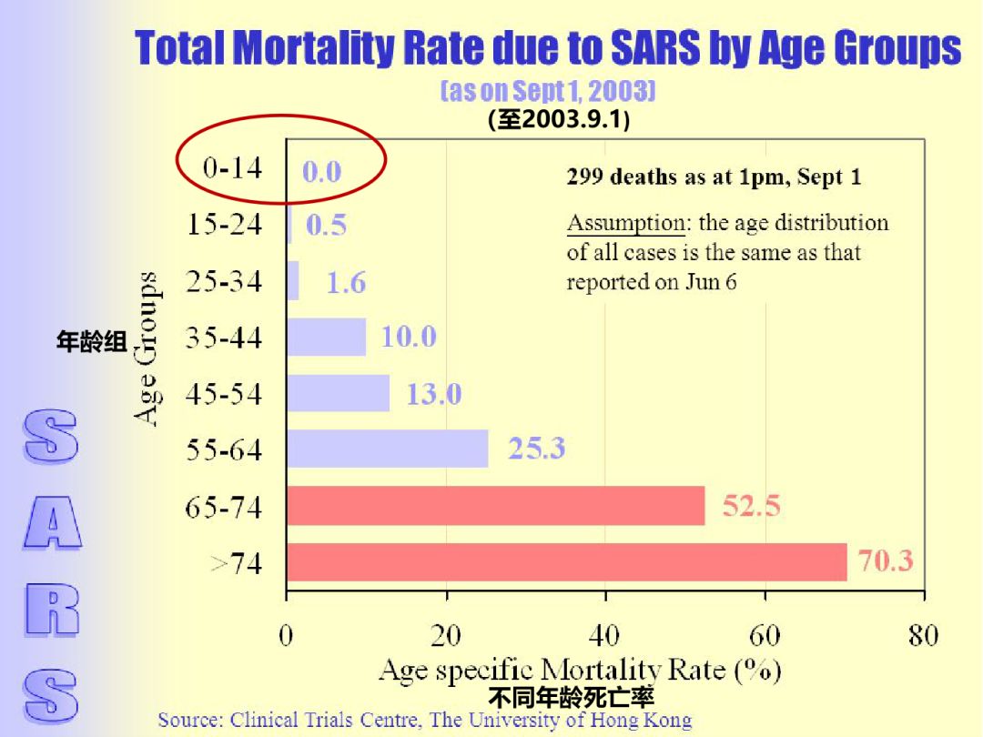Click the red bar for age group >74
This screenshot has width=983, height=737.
[567, 562]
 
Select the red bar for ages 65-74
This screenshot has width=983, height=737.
[496, 506]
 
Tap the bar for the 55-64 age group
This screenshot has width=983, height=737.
[388, 449]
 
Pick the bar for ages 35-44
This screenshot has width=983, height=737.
[326, 338]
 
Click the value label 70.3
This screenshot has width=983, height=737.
[886, 560]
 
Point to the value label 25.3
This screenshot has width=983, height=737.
[537, 448]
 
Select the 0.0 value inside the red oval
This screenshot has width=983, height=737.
[321, 172]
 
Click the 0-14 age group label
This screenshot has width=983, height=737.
[233, 168]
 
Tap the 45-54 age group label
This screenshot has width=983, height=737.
[224, 394]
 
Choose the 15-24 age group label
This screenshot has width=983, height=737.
[225, 224]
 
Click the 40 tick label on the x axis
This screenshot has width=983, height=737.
[605, 635]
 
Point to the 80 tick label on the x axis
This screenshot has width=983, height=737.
[924, 635]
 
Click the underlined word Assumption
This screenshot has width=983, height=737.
[625, 223]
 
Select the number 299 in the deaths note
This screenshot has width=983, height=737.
[585, 177]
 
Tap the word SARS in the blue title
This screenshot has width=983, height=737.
[655, 47]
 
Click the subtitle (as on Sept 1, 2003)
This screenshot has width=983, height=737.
[548, 91]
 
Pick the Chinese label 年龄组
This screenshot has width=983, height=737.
[92, 341]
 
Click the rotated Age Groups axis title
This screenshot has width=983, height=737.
[146, 349]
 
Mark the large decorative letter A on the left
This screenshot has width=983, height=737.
[53, 522]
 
